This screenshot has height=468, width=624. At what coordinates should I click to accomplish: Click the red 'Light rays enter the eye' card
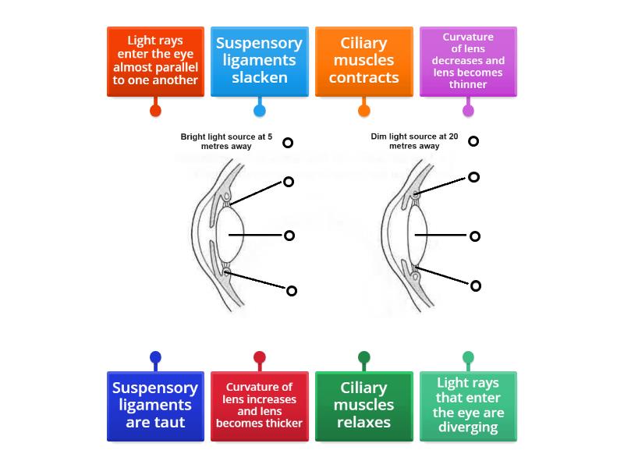tap(155, 62)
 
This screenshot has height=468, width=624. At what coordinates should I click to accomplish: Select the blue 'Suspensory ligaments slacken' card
tap(260, 62)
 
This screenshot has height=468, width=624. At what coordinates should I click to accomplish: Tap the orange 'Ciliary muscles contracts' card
tap(363, 62)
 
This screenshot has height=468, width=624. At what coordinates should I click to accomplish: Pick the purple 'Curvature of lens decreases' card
tap(468, 62)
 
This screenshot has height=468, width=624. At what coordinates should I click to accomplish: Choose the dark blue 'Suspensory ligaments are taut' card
tap(155, 406)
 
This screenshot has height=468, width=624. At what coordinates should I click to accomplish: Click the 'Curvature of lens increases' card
tap(260, 406)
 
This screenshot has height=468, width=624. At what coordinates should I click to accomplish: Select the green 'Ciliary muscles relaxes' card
tap(363, 406)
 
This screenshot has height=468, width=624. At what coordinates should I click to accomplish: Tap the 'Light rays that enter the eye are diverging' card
tap(468, 406)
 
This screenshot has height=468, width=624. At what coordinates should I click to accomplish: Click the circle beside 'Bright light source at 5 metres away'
tap(288, 143)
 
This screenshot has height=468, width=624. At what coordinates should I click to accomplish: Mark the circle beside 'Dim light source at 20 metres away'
tap(473, 141)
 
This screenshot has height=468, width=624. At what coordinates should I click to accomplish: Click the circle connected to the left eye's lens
tap(289, 236)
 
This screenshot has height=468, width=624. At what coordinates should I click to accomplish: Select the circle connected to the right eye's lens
tap(475, 236)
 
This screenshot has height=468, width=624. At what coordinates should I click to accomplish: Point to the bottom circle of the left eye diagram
tap(292, 291)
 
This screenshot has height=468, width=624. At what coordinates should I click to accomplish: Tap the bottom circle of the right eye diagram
tap(476, 285)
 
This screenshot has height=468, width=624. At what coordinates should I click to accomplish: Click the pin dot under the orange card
tap(363, 111)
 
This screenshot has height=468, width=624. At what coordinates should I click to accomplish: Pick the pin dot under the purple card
tap(468, 111)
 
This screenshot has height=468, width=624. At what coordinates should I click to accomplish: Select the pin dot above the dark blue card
tap(155, 358)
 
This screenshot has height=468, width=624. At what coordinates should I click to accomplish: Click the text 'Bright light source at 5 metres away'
tap(226, 141)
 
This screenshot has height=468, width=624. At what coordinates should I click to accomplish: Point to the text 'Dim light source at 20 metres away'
tap(414, 141)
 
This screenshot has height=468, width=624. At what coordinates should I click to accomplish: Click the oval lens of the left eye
tap(231, 234)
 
